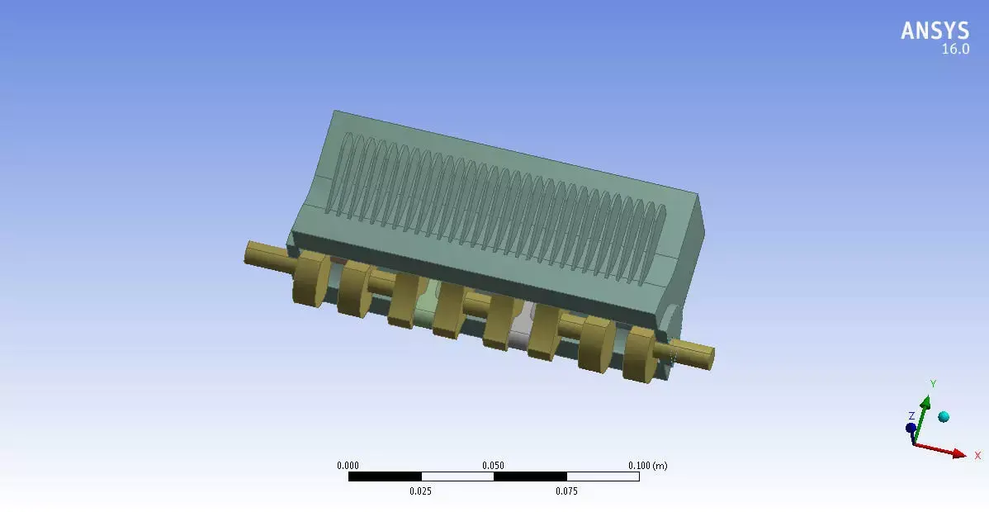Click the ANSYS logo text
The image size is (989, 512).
(x=935, y=31)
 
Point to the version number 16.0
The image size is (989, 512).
(x=955, y=50)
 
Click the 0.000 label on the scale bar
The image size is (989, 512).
(x=348, y=466)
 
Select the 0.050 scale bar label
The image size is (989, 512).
(x=493, y=466)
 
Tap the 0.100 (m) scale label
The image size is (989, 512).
(x=646, y=466)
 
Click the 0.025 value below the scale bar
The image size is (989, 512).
(x=420, y=491)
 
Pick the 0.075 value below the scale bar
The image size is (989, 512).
(x=566, y=491)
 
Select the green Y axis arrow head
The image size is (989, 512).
(x=926, y=402)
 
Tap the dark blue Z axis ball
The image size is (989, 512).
(x=911, y=428)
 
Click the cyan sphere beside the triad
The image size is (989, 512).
(x=944, y=417)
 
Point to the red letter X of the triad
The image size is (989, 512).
(x=977, y=455)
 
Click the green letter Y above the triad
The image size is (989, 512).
(x=932, y=384)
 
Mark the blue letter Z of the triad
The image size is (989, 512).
(x=911, y=415)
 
